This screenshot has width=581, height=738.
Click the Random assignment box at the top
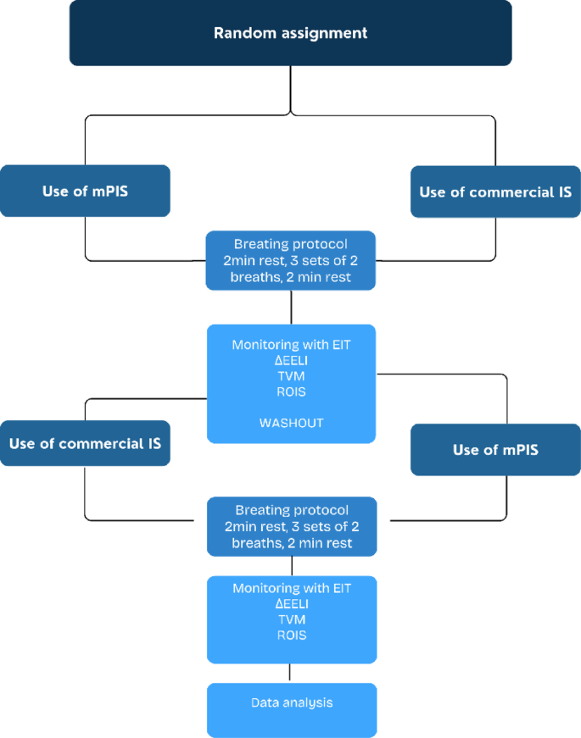click(290, 33)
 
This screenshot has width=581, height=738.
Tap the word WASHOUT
click(291, 423)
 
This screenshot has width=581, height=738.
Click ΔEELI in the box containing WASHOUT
click(291, 361)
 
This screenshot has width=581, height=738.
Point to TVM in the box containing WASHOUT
click(291, 376)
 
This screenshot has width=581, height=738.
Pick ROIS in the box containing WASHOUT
click(291, 391)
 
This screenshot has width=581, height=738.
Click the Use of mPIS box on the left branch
click(85, 191)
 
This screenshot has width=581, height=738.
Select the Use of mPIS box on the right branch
click(495, 449)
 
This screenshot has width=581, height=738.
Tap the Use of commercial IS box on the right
click(495, 191)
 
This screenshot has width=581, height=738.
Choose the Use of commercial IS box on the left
click(85, 442)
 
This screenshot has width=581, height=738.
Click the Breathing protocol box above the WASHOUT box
click(291, 260)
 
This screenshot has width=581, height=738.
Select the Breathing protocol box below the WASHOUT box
click(291, 526)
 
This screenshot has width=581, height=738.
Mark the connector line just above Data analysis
click(291, 673)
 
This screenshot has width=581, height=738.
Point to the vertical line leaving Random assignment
click(291, 89)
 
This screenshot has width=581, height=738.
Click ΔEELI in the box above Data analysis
click(291, 604)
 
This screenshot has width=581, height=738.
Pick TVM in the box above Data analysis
click(291, 619)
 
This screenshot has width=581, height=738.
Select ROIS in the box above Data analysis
click(291, 635)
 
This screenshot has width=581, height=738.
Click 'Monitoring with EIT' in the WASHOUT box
click(291, 346)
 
